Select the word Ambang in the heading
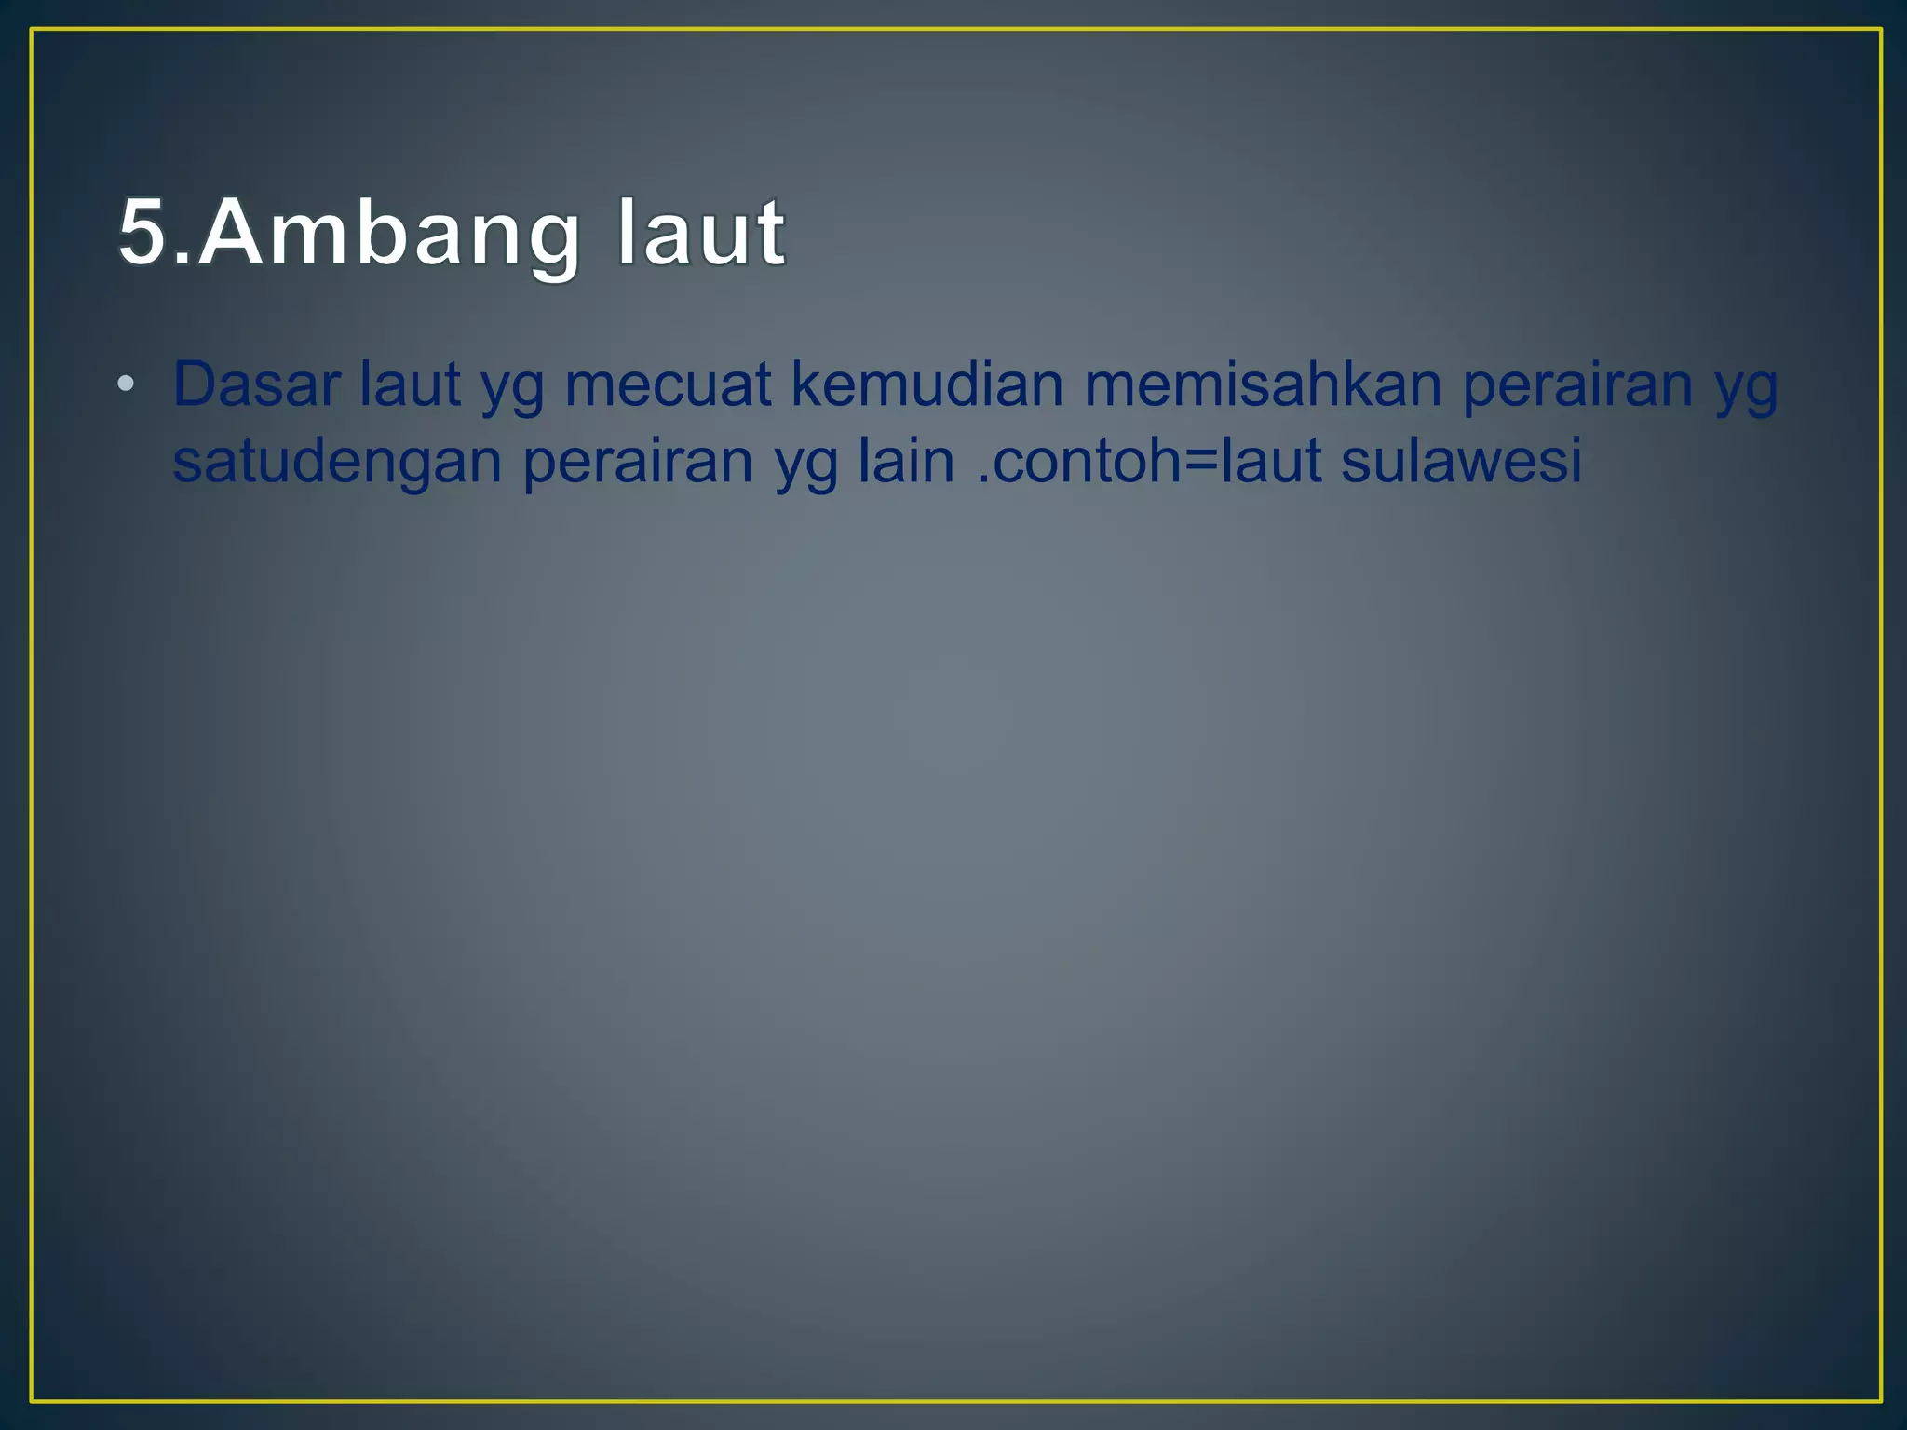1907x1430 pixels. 388,235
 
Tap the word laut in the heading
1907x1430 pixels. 700,233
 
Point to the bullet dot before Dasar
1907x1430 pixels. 127,384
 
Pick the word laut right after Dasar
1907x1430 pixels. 410,384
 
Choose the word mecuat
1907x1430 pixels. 668,384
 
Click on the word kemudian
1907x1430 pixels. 926,384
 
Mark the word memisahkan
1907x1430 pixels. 1263,384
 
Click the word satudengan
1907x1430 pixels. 337,462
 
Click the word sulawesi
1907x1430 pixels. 1461,461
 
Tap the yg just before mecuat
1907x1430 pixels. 512,391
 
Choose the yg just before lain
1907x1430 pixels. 806,467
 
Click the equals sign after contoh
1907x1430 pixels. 1200,463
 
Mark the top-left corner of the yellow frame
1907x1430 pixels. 33,31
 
